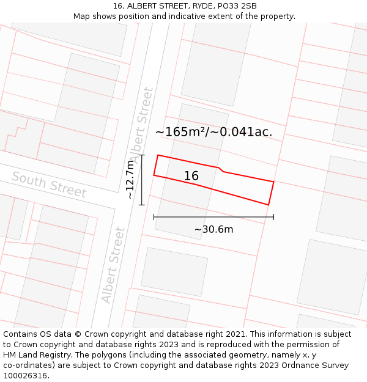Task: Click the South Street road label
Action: point(49,185)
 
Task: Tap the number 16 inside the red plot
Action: point(191,176)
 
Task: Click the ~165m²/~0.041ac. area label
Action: point(213,131)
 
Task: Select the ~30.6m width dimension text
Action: point(213,229)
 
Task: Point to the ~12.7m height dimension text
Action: point(130,180)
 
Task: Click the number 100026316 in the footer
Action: point(25,375)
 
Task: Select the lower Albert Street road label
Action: point(114,265)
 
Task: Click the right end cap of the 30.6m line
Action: point(273,216)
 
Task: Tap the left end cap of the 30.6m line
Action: point(154,216)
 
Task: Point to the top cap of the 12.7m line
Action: point(141,155)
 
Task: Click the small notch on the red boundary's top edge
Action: point(221,169)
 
